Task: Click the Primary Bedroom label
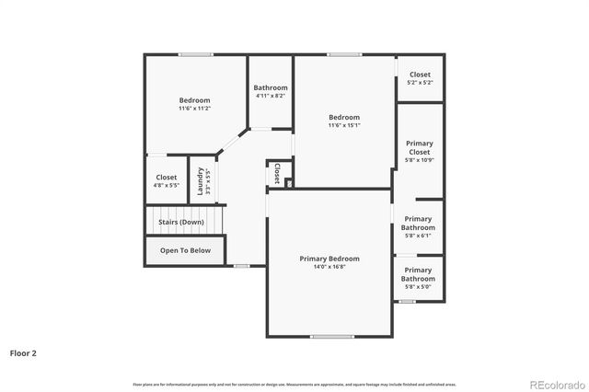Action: tap(329, 259)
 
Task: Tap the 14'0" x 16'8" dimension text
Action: tap(329, 268)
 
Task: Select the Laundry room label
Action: tap(200, 181)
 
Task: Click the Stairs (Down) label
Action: tap(180, 222)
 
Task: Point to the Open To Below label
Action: tap(185, 250)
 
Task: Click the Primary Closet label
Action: tap(419, 147)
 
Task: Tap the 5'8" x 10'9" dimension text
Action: tap(419, 161)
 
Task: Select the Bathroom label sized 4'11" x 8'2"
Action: tap(270, 87)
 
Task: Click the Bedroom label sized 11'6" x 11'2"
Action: tap(194, 100)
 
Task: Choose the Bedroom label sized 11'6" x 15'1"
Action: tap(344, 117)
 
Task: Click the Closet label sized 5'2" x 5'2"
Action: tap(420, 75)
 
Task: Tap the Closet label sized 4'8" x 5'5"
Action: tap(167, 177)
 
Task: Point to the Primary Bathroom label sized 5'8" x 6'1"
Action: tap(418, 223)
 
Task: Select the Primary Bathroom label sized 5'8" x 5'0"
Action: tap(418, 274)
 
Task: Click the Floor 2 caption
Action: tap(23, 352)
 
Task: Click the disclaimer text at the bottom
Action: tap(294, 384)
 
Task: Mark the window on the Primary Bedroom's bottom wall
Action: tap(331, 336)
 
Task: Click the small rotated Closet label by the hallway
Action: tap(277, 174)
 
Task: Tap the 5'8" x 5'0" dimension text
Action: tap(418, 287)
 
